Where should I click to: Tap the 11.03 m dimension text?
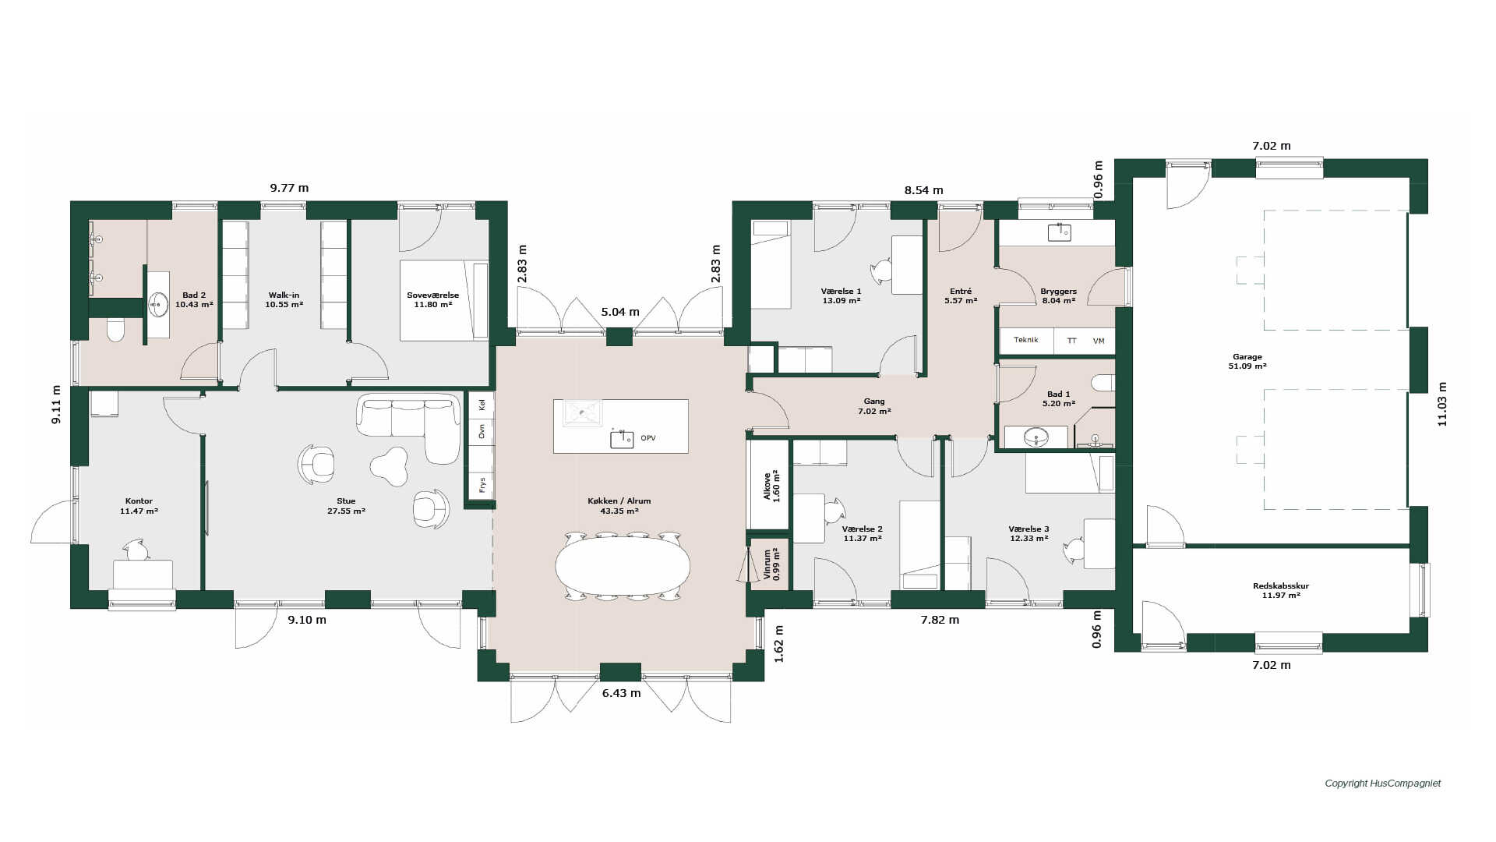[1442, 404]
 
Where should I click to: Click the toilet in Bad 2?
[115, 330]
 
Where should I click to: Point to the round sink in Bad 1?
[1036, 437]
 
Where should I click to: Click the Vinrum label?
[767, 564]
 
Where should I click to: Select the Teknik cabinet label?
[1025, 340]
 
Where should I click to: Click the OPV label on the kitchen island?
[648, 438]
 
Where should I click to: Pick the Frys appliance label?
[482, 485]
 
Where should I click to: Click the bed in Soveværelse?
[444, 300]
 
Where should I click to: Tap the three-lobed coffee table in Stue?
[390, 465]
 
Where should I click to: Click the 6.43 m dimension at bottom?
[621, 693]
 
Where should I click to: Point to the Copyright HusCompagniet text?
[1383, 784]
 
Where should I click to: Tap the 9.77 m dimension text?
[289, 188]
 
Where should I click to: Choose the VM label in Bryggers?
[1099, 341]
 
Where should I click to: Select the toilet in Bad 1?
[1103, 382]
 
